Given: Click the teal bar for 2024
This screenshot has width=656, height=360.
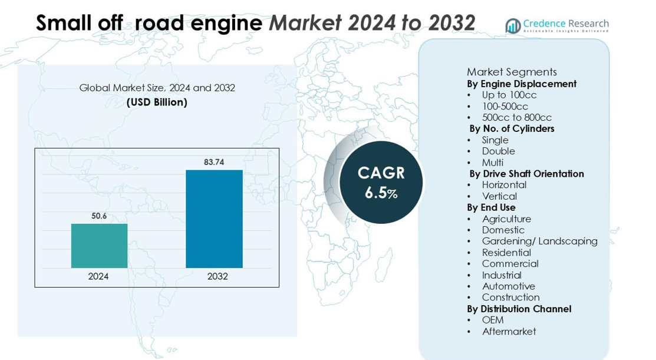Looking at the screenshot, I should coord(99,246).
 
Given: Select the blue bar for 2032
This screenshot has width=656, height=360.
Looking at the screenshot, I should coord(214,219).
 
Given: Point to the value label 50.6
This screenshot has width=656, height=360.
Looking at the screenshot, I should coord(99,216).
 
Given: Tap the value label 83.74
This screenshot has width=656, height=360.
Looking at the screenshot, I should coord(214,162).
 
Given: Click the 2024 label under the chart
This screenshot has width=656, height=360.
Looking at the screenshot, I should coord(98,276).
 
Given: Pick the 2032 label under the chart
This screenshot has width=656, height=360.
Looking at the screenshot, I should coord(217,276).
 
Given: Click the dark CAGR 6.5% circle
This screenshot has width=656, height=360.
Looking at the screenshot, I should coord(381,182).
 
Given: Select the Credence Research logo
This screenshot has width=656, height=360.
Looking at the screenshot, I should coord(557,25).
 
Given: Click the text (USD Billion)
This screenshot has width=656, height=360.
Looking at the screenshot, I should coord(157,102).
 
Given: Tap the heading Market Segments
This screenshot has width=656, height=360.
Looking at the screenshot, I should coord(512,72).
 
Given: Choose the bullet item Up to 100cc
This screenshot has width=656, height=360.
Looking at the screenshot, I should coord(509,95).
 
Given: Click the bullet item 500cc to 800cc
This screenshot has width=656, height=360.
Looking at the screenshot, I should coord(517,117).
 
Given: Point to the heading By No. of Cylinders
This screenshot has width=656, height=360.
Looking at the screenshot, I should coord(512,128).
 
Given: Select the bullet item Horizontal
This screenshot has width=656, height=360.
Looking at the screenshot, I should coord(504,184).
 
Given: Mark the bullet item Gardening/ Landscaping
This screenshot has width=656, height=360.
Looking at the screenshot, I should coord(539,241).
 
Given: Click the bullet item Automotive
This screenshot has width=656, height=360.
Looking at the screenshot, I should coord(508,286).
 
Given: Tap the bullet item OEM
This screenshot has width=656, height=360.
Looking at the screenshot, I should coord(493,320).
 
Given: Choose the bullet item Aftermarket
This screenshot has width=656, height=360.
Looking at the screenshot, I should coord(509,331).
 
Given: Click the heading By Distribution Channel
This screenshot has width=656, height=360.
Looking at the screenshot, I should coord(519,309).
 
